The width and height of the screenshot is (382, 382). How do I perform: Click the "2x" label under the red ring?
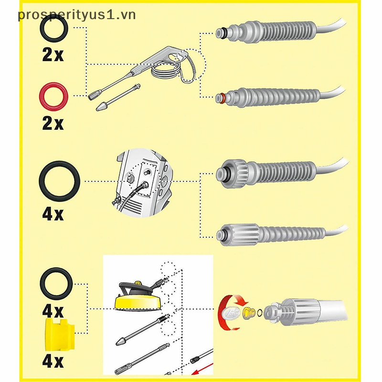click(x=53, y=123)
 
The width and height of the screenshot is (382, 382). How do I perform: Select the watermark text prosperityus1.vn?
click(x=76, y=14)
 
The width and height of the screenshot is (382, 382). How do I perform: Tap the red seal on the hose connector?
click(x=221, y=99)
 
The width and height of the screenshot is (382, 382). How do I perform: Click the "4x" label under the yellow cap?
click(x=53, y=361)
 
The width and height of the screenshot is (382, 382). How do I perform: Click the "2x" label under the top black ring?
click(x=53, y=55)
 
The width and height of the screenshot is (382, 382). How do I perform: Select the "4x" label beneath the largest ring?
click(x=53, y=213)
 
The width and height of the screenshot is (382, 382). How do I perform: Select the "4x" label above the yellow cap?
click(x=53, y=311)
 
